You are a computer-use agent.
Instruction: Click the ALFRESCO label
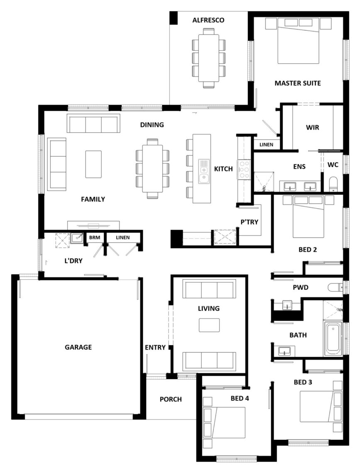[x=208, y=20]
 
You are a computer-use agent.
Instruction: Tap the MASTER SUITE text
[x=298, y=83]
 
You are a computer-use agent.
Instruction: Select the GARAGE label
[x=78, y=347]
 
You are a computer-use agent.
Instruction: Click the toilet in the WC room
[x=333, y=184]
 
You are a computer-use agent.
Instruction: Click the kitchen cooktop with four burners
[x=244, y=169]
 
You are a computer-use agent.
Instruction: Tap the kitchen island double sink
[x=204, y=172]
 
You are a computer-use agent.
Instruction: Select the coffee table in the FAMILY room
[x=93, y=164]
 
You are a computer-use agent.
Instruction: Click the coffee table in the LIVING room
[x=209, y=325]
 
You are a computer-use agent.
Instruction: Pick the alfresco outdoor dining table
[x=209, y=58]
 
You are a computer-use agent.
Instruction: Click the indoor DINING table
[x=152, y=168]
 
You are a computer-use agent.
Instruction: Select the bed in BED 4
[x=224, y=422]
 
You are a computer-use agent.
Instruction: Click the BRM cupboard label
[x=94, y=238]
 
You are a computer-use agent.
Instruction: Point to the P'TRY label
[x=249, y=222]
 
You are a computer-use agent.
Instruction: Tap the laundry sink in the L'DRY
[x=77, y=238]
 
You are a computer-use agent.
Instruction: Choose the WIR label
[x=312, y=128]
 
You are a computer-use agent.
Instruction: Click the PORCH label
[x=171, y=400]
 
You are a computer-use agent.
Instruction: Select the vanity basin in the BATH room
[x=284, y=351]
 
